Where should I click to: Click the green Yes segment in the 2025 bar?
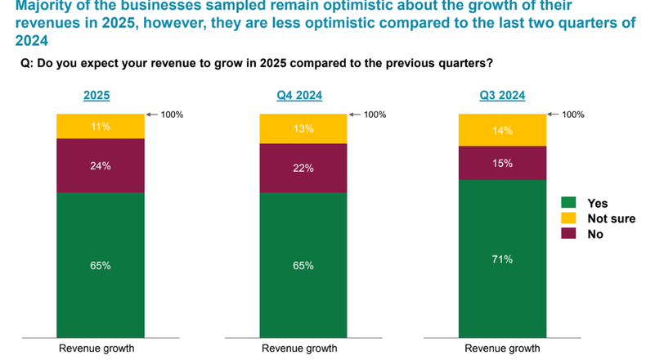(x=101, y=264)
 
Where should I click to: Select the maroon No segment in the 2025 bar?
(x=101, y=166)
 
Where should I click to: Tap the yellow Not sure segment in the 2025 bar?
(x=101, y=127)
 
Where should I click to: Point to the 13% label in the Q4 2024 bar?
(x=303, y=128)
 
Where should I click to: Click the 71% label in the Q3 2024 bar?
(x=502, y=259)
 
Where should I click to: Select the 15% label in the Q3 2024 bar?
(x=502, y=163)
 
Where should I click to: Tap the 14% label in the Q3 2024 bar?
(x=502, y=130)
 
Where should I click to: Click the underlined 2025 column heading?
(x=96, y=96)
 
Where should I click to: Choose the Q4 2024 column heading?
(x=299, y=96)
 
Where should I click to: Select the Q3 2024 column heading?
(x=502, y=96)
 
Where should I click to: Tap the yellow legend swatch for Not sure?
(x=568, y=218)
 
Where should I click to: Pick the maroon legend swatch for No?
(x=568, y=234)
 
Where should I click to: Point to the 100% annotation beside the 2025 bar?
(x=172, y=115)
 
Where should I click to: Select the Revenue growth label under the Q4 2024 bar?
(x=299, y=349)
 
